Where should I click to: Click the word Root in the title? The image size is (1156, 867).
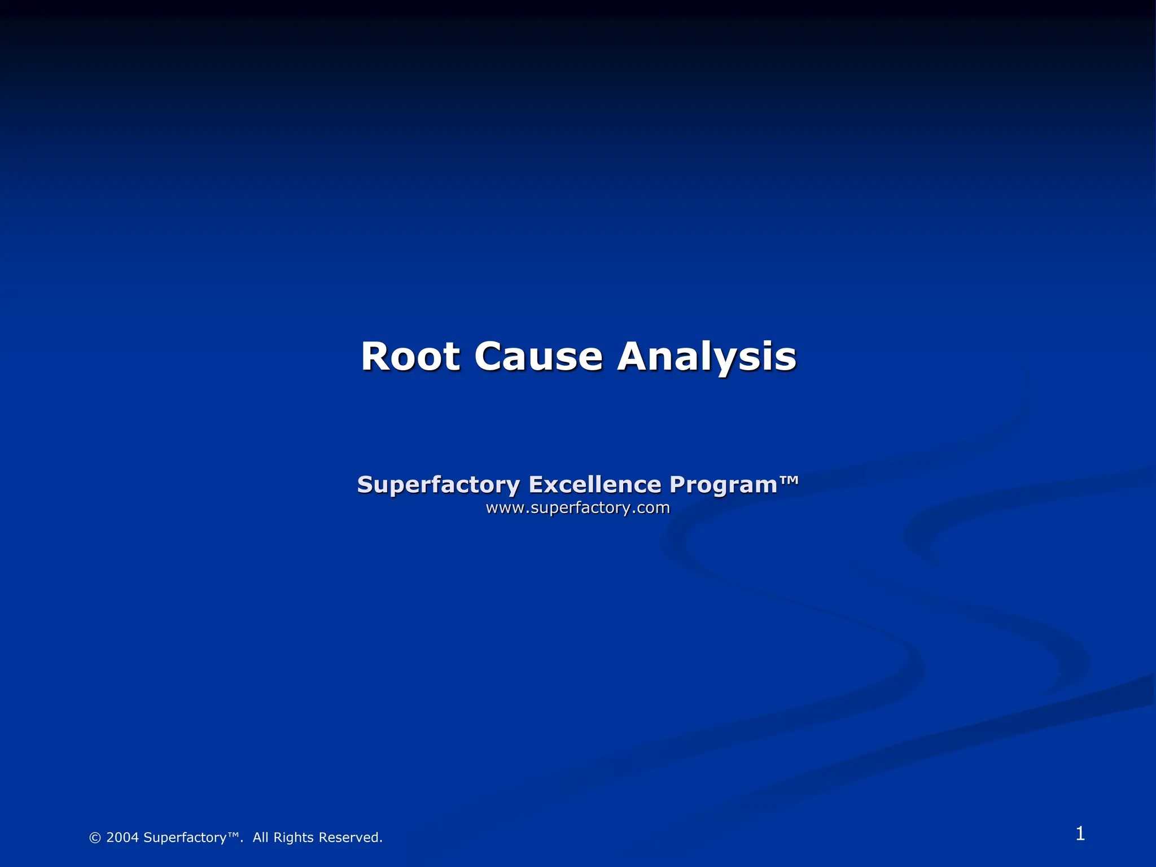click(410, 357)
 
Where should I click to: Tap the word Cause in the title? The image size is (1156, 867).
click(538, 357)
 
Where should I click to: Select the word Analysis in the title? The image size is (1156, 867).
click(707, 357)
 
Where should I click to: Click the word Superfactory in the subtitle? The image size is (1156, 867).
click(438, 485)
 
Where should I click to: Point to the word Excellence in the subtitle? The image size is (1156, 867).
click(594, 484)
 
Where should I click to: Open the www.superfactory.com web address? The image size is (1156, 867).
click(577, 507)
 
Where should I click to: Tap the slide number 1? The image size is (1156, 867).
click(1080, 834)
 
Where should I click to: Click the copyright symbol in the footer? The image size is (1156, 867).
click(95, 838)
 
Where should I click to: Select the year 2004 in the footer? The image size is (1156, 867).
click(122, 838)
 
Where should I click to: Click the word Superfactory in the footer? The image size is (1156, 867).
click(185, 838)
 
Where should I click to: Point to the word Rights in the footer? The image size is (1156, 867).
click(293, 838)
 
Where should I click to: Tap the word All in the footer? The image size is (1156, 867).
click(260, 838)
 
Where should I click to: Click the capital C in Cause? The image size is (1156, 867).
click(490, 357)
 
